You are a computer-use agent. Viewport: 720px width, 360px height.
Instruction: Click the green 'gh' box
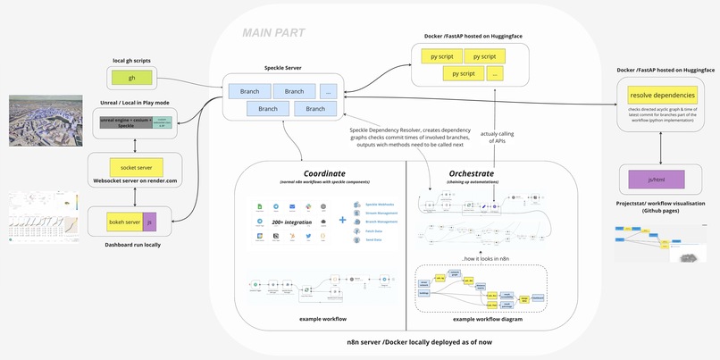(131, 78)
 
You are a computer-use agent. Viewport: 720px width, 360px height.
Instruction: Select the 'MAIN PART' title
(273, 33)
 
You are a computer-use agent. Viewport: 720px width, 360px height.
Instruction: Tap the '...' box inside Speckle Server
(329, 91)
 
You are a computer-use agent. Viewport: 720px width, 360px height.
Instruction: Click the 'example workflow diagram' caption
(487, 319)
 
